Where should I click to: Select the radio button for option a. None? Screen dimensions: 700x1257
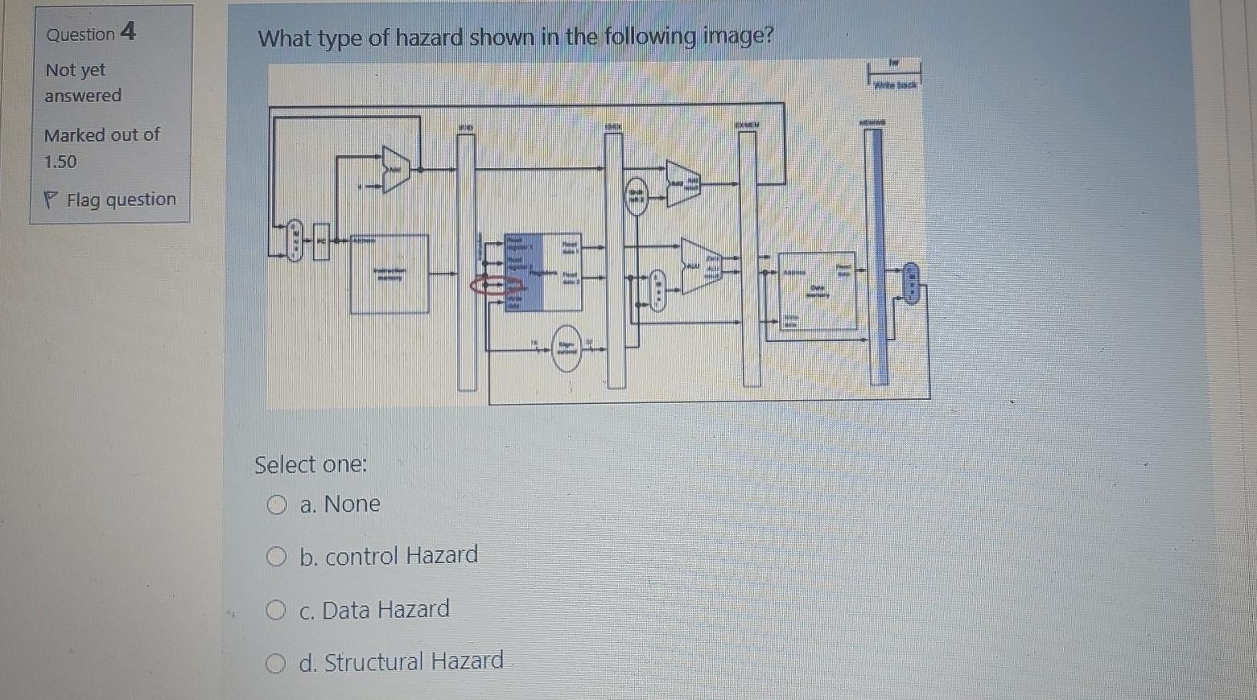click(277, 504)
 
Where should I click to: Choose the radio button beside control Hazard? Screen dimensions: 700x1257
click(277, 557)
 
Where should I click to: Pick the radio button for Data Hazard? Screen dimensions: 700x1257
click(276, 611)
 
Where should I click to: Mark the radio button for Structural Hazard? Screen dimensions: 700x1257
click(276, 664)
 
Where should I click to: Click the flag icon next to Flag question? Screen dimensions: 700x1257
click(51, 200)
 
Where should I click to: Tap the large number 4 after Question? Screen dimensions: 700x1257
click(128, 32)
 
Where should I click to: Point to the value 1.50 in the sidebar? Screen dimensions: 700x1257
click(60, 162)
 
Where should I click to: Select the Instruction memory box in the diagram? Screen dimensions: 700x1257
click(389, 274)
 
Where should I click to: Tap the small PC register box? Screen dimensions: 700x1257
click(321, 241)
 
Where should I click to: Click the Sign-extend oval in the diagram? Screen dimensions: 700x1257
click(567, 348)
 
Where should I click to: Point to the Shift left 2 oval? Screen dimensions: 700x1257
click(637, 196)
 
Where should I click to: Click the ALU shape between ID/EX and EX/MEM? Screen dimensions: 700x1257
click(700, 266)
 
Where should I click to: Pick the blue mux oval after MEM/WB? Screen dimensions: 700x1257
click(911, 283)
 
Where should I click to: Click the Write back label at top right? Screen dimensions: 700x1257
click(895, 84)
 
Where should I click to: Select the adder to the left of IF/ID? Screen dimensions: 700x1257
click(395, 170)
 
